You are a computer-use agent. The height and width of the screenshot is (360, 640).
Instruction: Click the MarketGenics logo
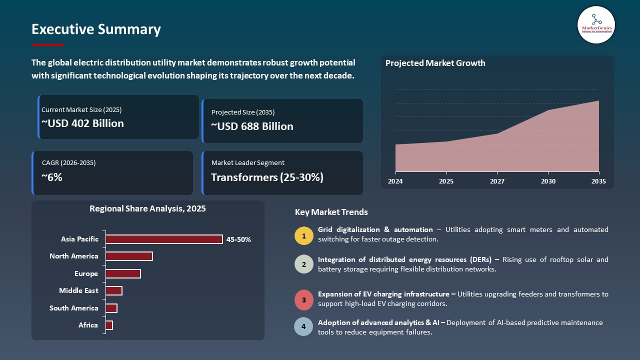click(596, 24)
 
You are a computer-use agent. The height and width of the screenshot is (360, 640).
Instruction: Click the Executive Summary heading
click(96, 29)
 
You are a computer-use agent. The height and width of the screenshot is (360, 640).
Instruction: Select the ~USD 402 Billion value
click(82, 123)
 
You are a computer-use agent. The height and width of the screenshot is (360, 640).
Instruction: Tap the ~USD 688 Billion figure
click(252, 126)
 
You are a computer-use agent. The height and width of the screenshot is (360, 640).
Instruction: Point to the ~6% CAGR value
click(52, 176)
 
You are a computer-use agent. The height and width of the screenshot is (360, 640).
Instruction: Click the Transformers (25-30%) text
click(267, 177)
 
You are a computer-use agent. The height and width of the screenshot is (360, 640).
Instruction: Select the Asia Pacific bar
click(164, 239)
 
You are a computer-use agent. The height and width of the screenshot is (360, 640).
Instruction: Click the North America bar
click(129, 256)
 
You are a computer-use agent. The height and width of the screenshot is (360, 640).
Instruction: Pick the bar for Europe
click(123, 273)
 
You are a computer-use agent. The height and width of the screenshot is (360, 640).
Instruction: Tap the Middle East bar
click(114, 291)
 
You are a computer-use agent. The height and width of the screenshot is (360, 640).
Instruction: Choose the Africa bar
click(109, 325)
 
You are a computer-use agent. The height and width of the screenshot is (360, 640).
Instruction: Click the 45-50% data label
click(238, 239)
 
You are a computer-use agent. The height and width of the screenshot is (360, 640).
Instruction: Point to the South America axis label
click(73, 308)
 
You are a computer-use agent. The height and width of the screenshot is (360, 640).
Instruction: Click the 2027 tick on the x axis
click(497, 181)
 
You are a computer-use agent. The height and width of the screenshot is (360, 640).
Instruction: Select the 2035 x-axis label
click(598, 181)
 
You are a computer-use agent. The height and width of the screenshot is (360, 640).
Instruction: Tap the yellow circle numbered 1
click(303, 235)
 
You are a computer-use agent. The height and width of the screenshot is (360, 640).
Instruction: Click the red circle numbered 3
click(303, 300)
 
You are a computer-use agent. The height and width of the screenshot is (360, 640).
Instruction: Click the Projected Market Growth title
click(435, 63)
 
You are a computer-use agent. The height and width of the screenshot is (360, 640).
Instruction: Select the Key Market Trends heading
click(331, 212)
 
